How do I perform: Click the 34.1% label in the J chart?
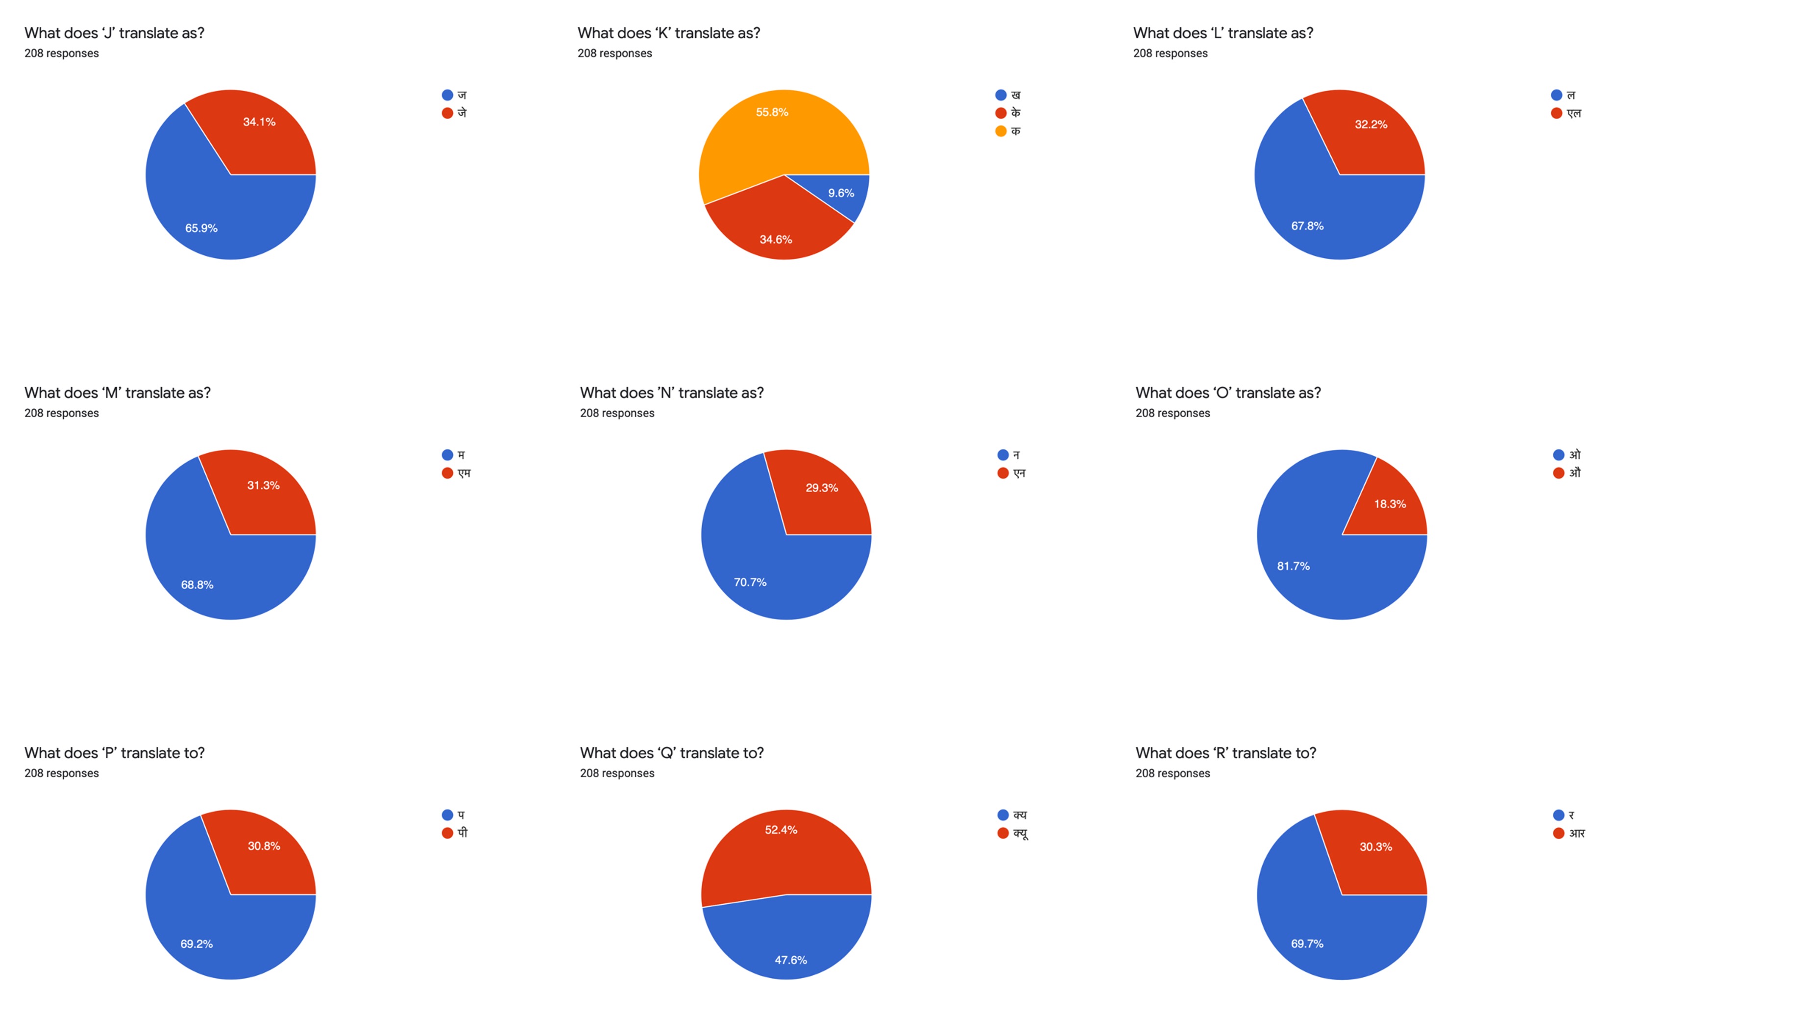[x=259, y=122]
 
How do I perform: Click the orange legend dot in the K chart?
[x=1000, y=131]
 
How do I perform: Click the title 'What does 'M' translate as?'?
[x=118, y=393]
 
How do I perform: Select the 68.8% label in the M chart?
[x=197, y=585]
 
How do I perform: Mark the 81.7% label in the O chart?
[x=1293, y=566]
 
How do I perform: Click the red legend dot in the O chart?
[x=1558, y=472]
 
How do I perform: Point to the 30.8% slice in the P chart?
[x=260, y=855]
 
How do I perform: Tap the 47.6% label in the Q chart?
[x=791, y=960]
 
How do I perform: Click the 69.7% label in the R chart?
[x=1307, y=944]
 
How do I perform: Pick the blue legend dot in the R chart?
[x=1558, y=815]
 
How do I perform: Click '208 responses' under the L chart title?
[x=1170, y=53]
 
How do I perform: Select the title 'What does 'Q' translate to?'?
[x=671, y=753]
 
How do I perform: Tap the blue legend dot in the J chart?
[x=447, y=95]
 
